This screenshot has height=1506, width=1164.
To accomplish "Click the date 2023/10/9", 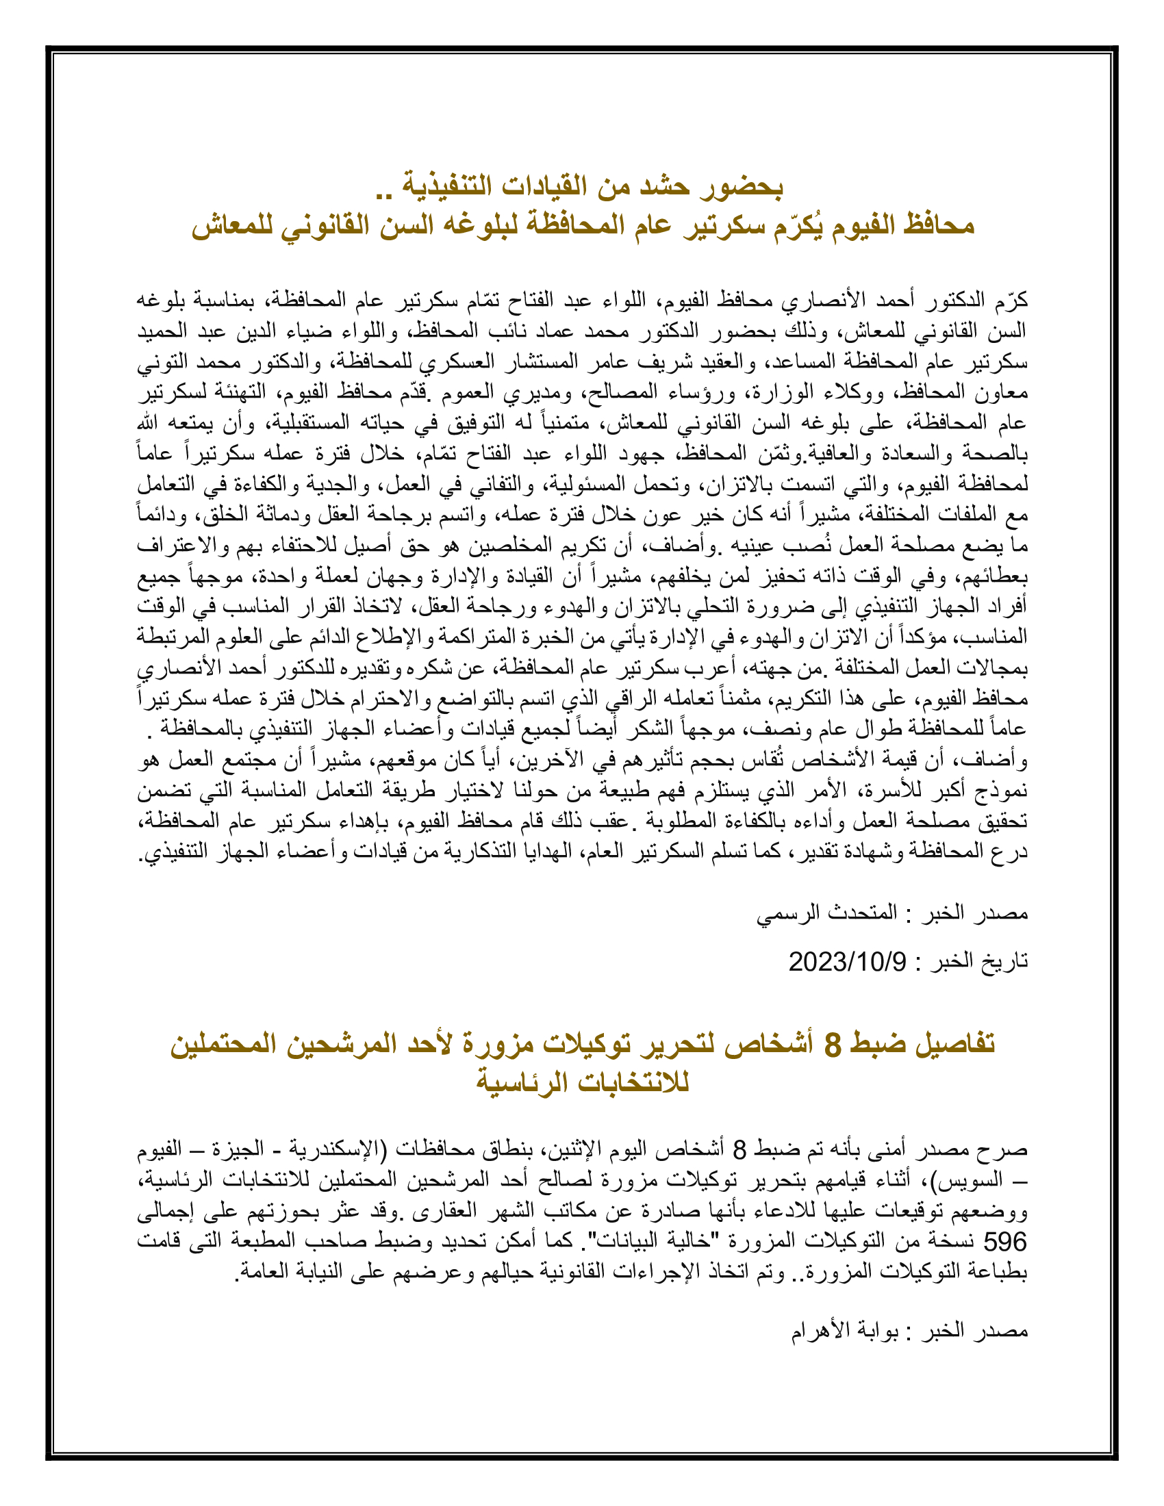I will (x=848, y=961).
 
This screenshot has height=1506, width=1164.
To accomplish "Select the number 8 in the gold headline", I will (x=833, y=1045).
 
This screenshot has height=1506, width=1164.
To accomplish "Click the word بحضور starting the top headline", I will (x=742, y=188).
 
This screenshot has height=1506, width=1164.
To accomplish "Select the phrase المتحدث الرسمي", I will (x=826, y=914).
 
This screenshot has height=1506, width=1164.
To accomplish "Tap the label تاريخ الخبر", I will (x=978, y=961).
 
